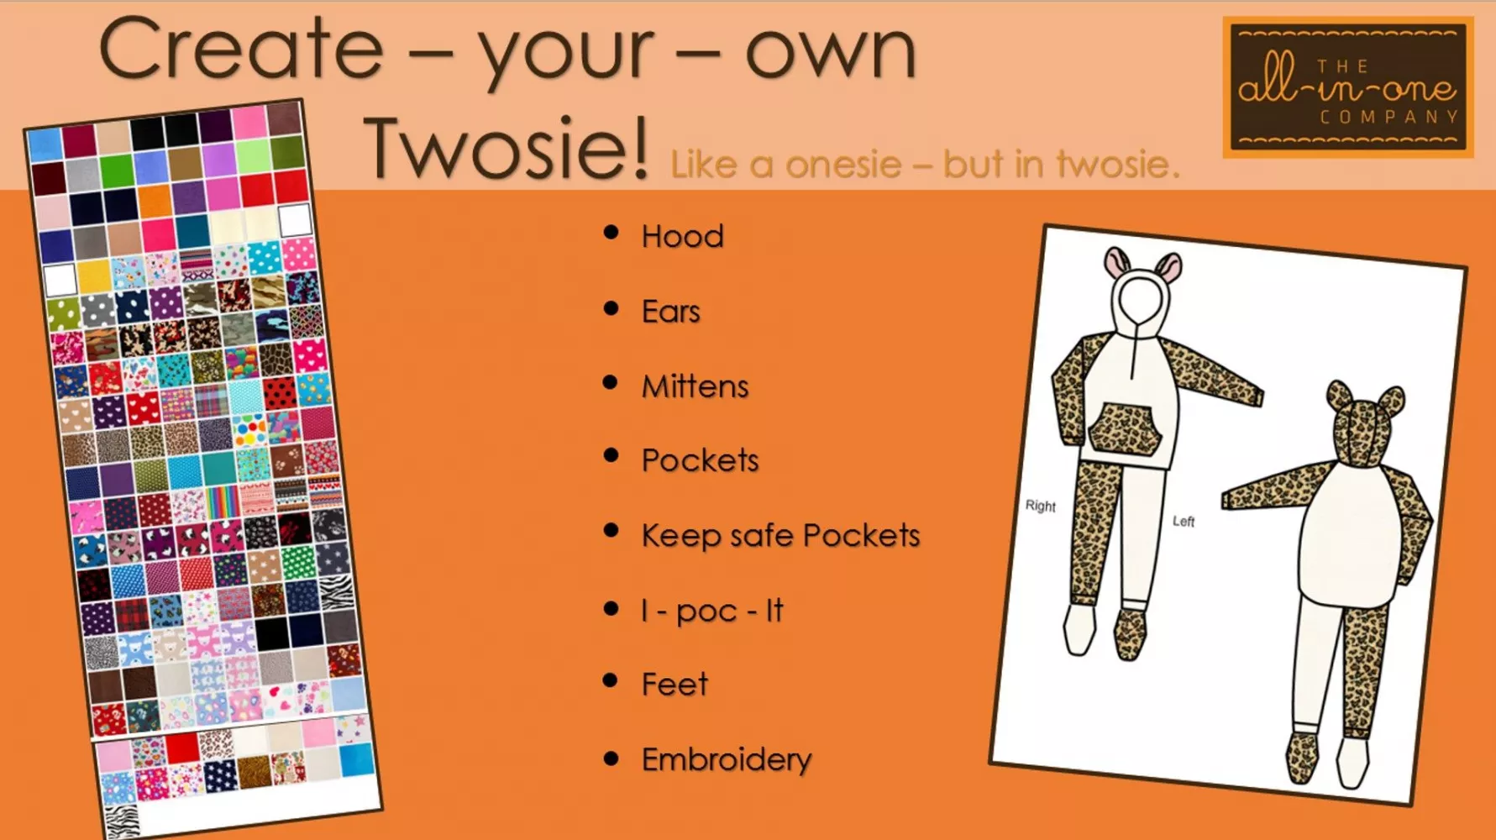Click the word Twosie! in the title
point(507,149)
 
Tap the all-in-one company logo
point(1347,87)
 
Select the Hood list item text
point(682,237)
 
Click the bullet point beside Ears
point(612,309)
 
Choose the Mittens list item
point(695,386)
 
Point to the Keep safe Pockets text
point(780,536)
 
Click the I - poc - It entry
point(712,611)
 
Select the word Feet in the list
point(675,685)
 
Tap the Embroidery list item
point(727,759)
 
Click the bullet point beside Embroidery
point(612,759)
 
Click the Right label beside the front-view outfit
point(1040,506)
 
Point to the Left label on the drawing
point(1183,522)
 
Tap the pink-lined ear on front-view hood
point(1117,263)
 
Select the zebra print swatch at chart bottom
point(123,819)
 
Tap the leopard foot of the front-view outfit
point(1130,634)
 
